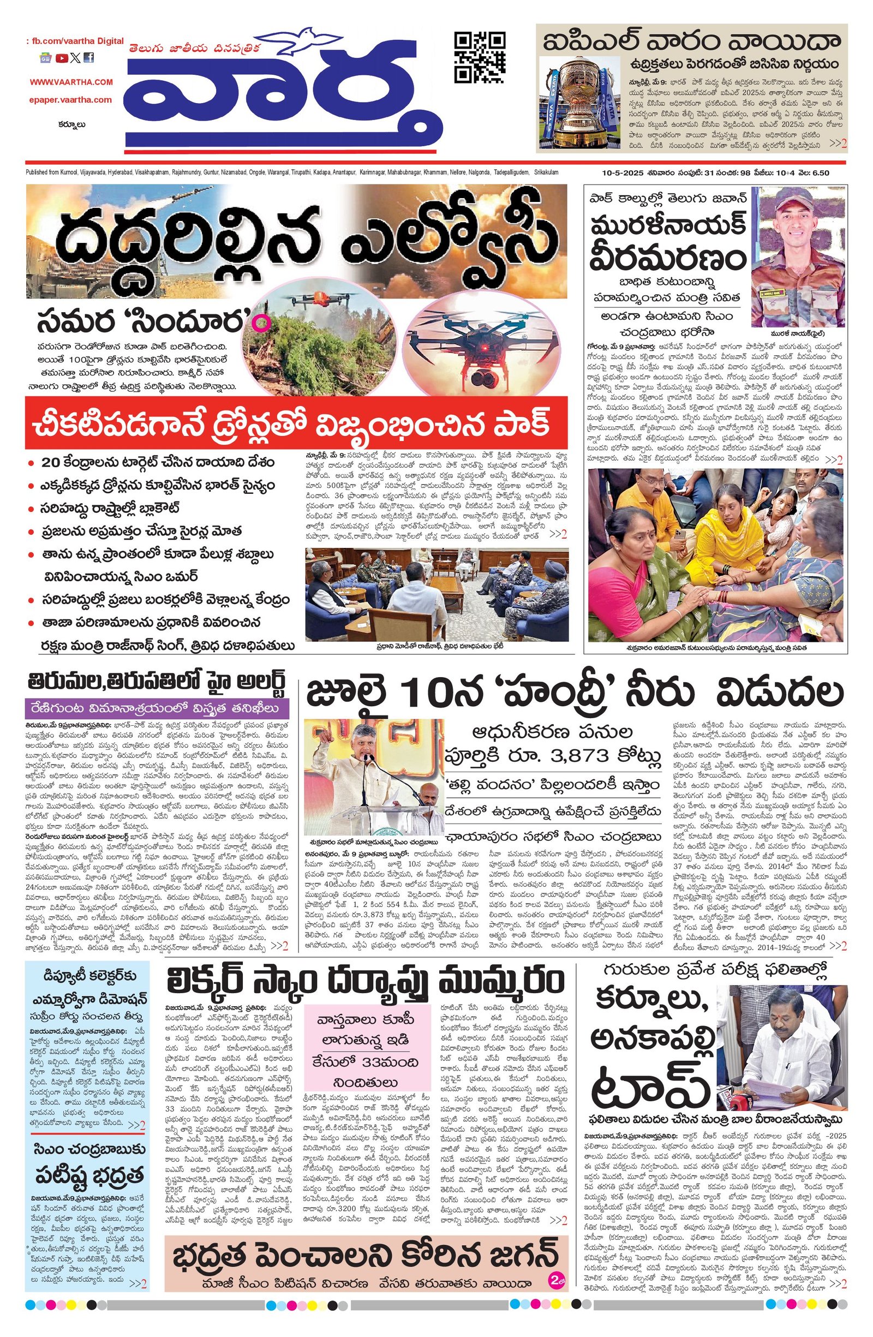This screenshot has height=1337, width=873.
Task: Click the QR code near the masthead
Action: (x=479, y=57)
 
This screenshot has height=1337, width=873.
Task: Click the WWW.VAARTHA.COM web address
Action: (x=71, y=82)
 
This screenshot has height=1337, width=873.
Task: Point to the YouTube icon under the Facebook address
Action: (x=61, y=58)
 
